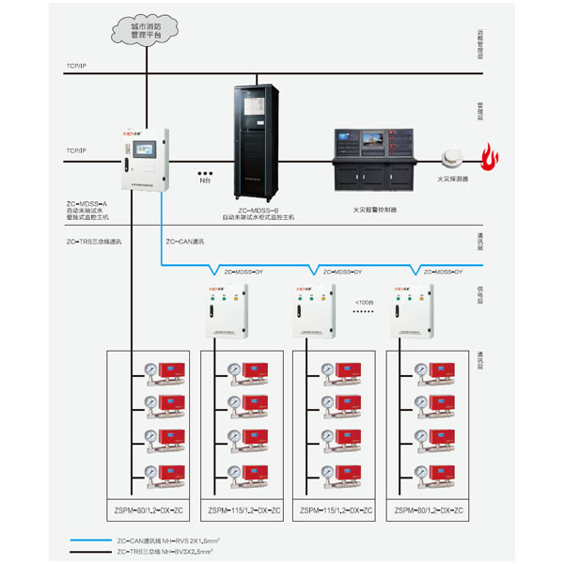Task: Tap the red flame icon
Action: tap(488, 157)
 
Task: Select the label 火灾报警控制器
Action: tap(375, 211)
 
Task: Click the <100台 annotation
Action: tap(364, 303)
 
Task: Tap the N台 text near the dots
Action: tap(204, 180)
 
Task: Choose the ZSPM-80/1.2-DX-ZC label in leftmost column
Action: tap(143, 511)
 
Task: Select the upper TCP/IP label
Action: tap(76, 67)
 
